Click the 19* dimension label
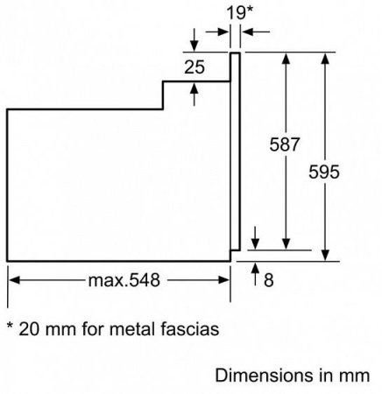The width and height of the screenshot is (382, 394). tap(239, 13)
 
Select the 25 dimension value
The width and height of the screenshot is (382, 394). tap(195, 67)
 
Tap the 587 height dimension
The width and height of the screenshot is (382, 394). tap(285, 144)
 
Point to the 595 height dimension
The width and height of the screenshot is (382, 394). tap(324, 172)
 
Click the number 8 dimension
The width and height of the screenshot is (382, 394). tap(269, 280)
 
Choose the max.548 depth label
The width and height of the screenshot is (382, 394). tap(124, 280)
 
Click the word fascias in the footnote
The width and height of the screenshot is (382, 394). tap(190, 329)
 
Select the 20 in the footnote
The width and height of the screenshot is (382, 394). tap(29, 329)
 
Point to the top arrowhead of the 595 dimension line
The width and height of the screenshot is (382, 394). tap(326, 58)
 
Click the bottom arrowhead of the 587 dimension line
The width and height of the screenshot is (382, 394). tap(286, 244)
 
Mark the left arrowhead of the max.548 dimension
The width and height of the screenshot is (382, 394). tap(14, 280)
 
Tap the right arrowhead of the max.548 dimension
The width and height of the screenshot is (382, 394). tap(223, 280)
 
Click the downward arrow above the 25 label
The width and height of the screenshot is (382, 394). tap(195, 40)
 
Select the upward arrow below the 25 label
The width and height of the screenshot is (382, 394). tap(195, 94)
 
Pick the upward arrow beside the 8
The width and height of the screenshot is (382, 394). tap(256, 273)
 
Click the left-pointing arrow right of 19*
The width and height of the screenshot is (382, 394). tap(255, 32)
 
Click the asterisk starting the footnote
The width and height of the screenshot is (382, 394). tap(11, 325)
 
